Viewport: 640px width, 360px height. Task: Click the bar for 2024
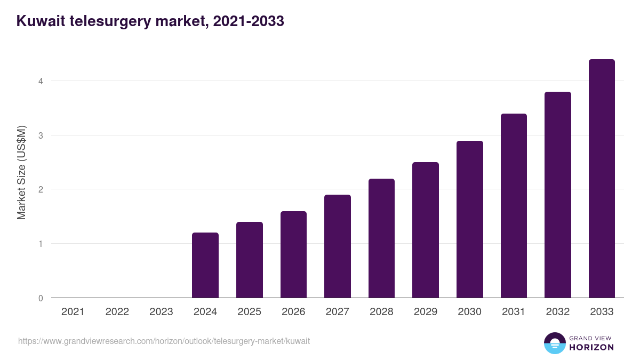[x=205, y=265]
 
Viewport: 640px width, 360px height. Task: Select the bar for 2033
[x=602, y=179]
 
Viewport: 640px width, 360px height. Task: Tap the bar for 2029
[x=426, y=230]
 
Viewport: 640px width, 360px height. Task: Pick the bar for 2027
[x=338, y=246]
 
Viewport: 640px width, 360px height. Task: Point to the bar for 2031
[x=514, y=206]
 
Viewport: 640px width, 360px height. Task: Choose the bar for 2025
[x=250, y=260]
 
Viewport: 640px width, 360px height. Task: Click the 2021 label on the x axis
[x=73, y=312]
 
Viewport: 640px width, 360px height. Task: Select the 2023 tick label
[x=161, y=312]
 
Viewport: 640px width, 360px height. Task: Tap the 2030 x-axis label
[x=469, y=312]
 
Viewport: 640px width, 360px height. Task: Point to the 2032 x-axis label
[x=557, y=312]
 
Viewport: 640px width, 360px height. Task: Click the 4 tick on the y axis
[x=40, y=81]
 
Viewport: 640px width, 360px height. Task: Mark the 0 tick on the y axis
[x=40, y=298]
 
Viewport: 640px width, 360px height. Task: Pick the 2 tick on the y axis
[x=40, y=189]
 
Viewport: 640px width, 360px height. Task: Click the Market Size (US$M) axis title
[x=21, y=172]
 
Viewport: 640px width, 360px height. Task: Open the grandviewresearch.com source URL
[x=164, y=341]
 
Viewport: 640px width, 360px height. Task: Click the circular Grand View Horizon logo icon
[x=554, y=343]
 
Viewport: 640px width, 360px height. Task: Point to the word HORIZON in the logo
[x=591, y=347]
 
